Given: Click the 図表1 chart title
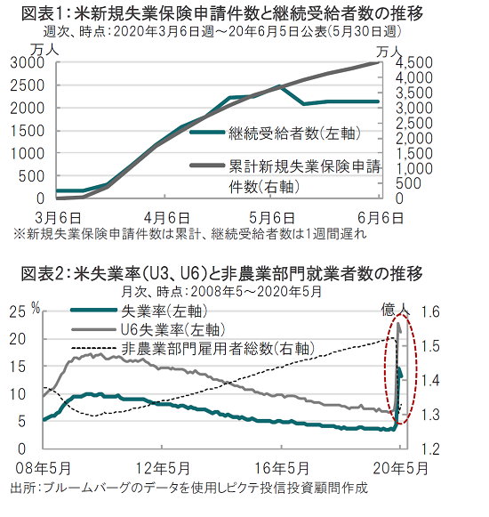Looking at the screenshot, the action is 222,13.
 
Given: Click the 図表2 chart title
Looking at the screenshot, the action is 222,273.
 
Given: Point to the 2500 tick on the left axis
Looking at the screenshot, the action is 27,85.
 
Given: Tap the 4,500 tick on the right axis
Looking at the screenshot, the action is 413,62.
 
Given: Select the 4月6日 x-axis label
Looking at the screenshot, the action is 167,218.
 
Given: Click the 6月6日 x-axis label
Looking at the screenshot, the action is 381,218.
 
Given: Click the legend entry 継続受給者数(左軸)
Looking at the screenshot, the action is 275,133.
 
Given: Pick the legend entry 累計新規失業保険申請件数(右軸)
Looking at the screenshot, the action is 285,177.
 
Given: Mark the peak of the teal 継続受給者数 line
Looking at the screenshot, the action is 279,85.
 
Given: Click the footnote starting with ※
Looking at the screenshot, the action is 189,234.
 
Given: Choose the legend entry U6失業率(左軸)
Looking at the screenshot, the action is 148,329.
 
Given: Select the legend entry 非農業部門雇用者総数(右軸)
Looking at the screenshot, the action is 193,348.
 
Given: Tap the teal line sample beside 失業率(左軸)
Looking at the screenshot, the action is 94,310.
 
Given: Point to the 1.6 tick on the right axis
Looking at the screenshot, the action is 431,311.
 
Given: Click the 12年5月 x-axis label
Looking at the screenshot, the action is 163,468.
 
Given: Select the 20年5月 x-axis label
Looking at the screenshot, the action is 400,468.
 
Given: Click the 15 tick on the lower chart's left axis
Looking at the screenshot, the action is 18,367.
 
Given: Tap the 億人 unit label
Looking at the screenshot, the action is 396,310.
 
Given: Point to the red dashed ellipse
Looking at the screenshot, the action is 385,368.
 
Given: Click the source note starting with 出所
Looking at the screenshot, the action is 188,488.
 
